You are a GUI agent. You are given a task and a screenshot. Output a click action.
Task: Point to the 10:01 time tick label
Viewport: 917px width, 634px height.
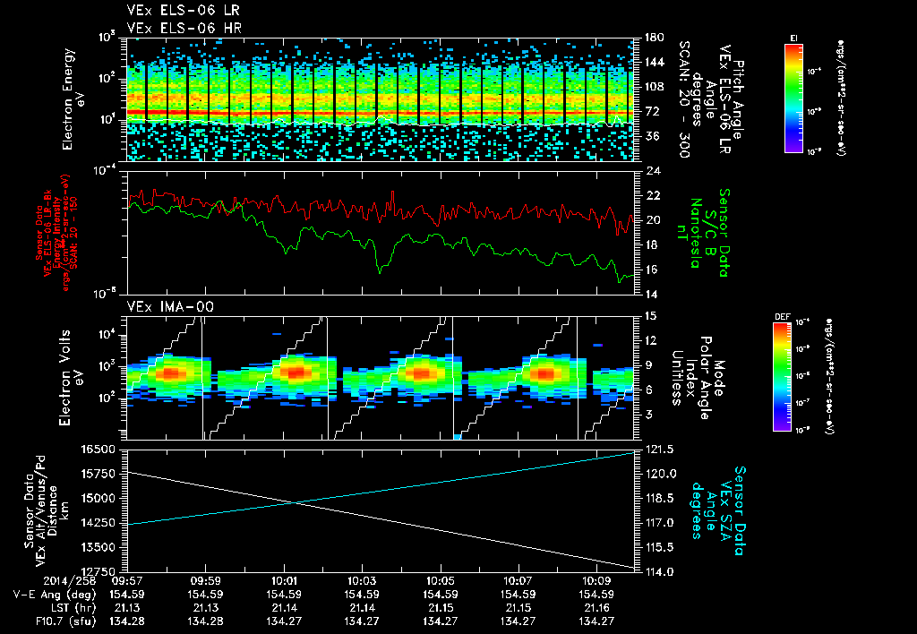click(x=284, y=581)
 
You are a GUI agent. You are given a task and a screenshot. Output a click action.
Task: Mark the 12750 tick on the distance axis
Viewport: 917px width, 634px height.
click(x=102, y=571)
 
